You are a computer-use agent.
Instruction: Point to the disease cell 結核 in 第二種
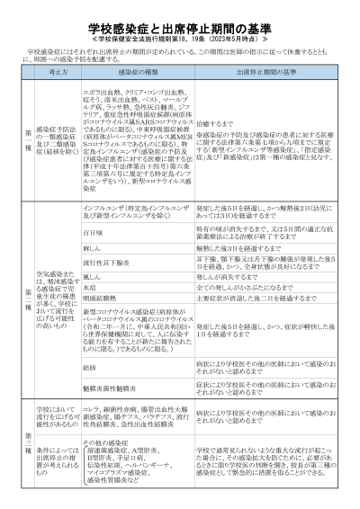click(x=87, y=367)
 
